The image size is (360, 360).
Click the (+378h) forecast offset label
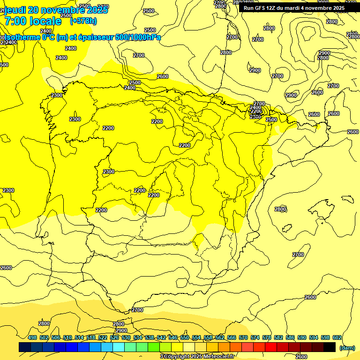point(83,21)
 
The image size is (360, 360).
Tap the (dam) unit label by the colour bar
point(347,348)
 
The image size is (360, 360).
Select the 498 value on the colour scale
point(32,337)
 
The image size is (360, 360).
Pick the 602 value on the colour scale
point(337,337)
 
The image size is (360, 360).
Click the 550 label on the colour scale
point(185,337)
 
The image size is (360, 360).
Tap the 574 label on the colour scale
point(255,337)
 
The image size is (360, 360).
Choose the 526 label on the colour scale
point(114,337)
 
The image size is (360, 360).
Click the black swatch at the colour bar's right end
point(330,347)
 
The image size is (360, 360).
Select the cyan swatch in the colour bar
point(119,347)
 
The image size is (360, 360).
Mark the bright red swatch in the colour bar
point(271,347)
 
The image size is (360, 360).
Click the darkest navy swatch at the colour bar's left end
point(25,347)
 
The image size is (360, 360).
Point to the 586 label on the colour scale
point(290,337)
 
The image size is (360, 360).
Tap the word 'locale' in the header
point(45,21)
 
